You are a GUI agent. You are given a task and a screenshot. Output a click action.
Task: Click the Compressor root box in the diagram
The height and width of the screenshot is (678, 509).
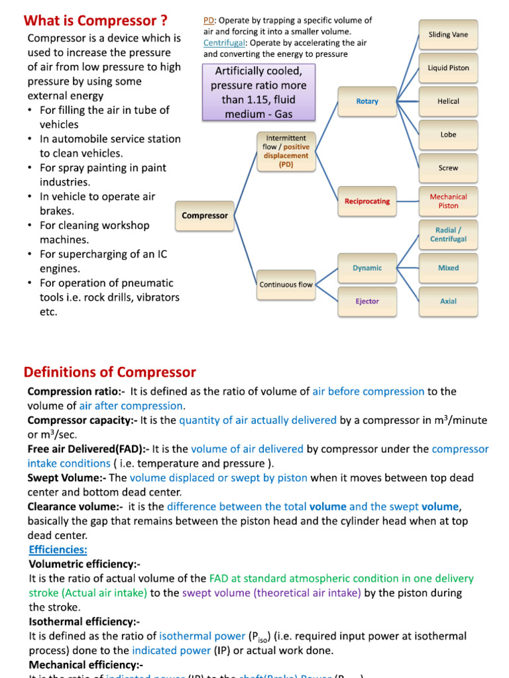205,215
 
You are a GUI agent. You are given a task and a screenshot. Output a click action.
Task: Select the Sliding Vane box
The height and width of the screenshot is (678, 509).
448,34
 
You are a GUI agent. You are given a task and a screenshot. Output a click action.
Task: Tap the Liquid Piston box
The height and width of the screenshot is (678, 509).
448,68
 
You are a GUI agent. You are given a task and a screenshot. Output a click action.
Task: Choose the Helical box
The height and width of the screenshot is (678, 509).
448,101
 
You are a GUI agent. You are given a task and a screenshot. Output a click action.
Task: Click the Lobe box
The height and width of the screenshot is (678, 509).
448,134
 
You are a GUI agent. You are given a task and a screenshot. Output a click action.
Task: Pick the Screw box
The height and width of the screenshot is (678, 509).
448,168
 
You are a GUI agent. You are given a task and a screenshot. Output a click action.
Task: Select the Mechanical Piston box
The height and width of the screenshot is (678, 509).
448,201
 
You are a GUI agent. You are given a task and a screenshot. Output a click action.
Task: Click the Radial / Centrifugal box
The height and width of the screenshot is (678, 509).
448,234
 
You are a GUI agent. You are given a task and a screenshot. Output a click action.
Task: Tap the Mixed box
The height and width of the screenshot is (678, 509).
448,268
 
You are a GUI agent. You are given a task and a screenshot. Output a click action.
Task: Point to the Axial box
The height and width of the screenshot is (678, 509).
448,301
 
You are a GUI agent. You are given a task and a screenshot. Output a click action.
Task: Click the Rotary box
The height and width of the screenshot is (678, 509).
367,101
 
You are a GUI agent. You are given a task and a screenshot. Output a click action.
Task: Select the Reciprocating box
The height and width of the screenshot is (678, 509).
367,201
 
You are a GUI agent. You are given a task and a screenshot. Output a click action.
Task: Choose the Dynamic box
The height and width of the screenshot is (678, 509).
367,268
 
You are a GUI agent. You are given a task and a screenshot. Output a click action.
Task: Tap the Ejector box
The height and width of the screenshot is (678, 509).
367,301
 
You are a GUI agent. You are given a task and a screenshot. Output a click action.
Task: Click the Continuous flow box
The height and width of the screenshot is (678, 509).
286,285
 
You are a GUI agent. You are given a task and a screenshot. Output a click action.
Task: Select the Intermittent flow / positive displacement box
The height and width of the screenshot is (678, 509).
286,152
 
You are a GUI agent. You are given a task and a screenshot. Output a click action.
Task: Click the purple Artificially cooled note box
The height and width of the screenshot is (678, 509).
258,92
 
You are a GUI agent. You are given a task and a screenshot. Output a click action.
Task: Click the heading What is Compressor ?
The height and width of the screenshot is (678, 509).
95,20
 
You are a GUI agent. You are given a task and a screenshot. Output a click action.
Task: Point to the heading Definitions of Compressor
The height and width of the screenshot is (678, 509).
110,372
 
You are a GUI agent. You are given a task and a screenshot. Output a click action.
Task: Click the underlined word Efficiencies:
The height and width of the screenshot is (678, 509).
58,550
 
